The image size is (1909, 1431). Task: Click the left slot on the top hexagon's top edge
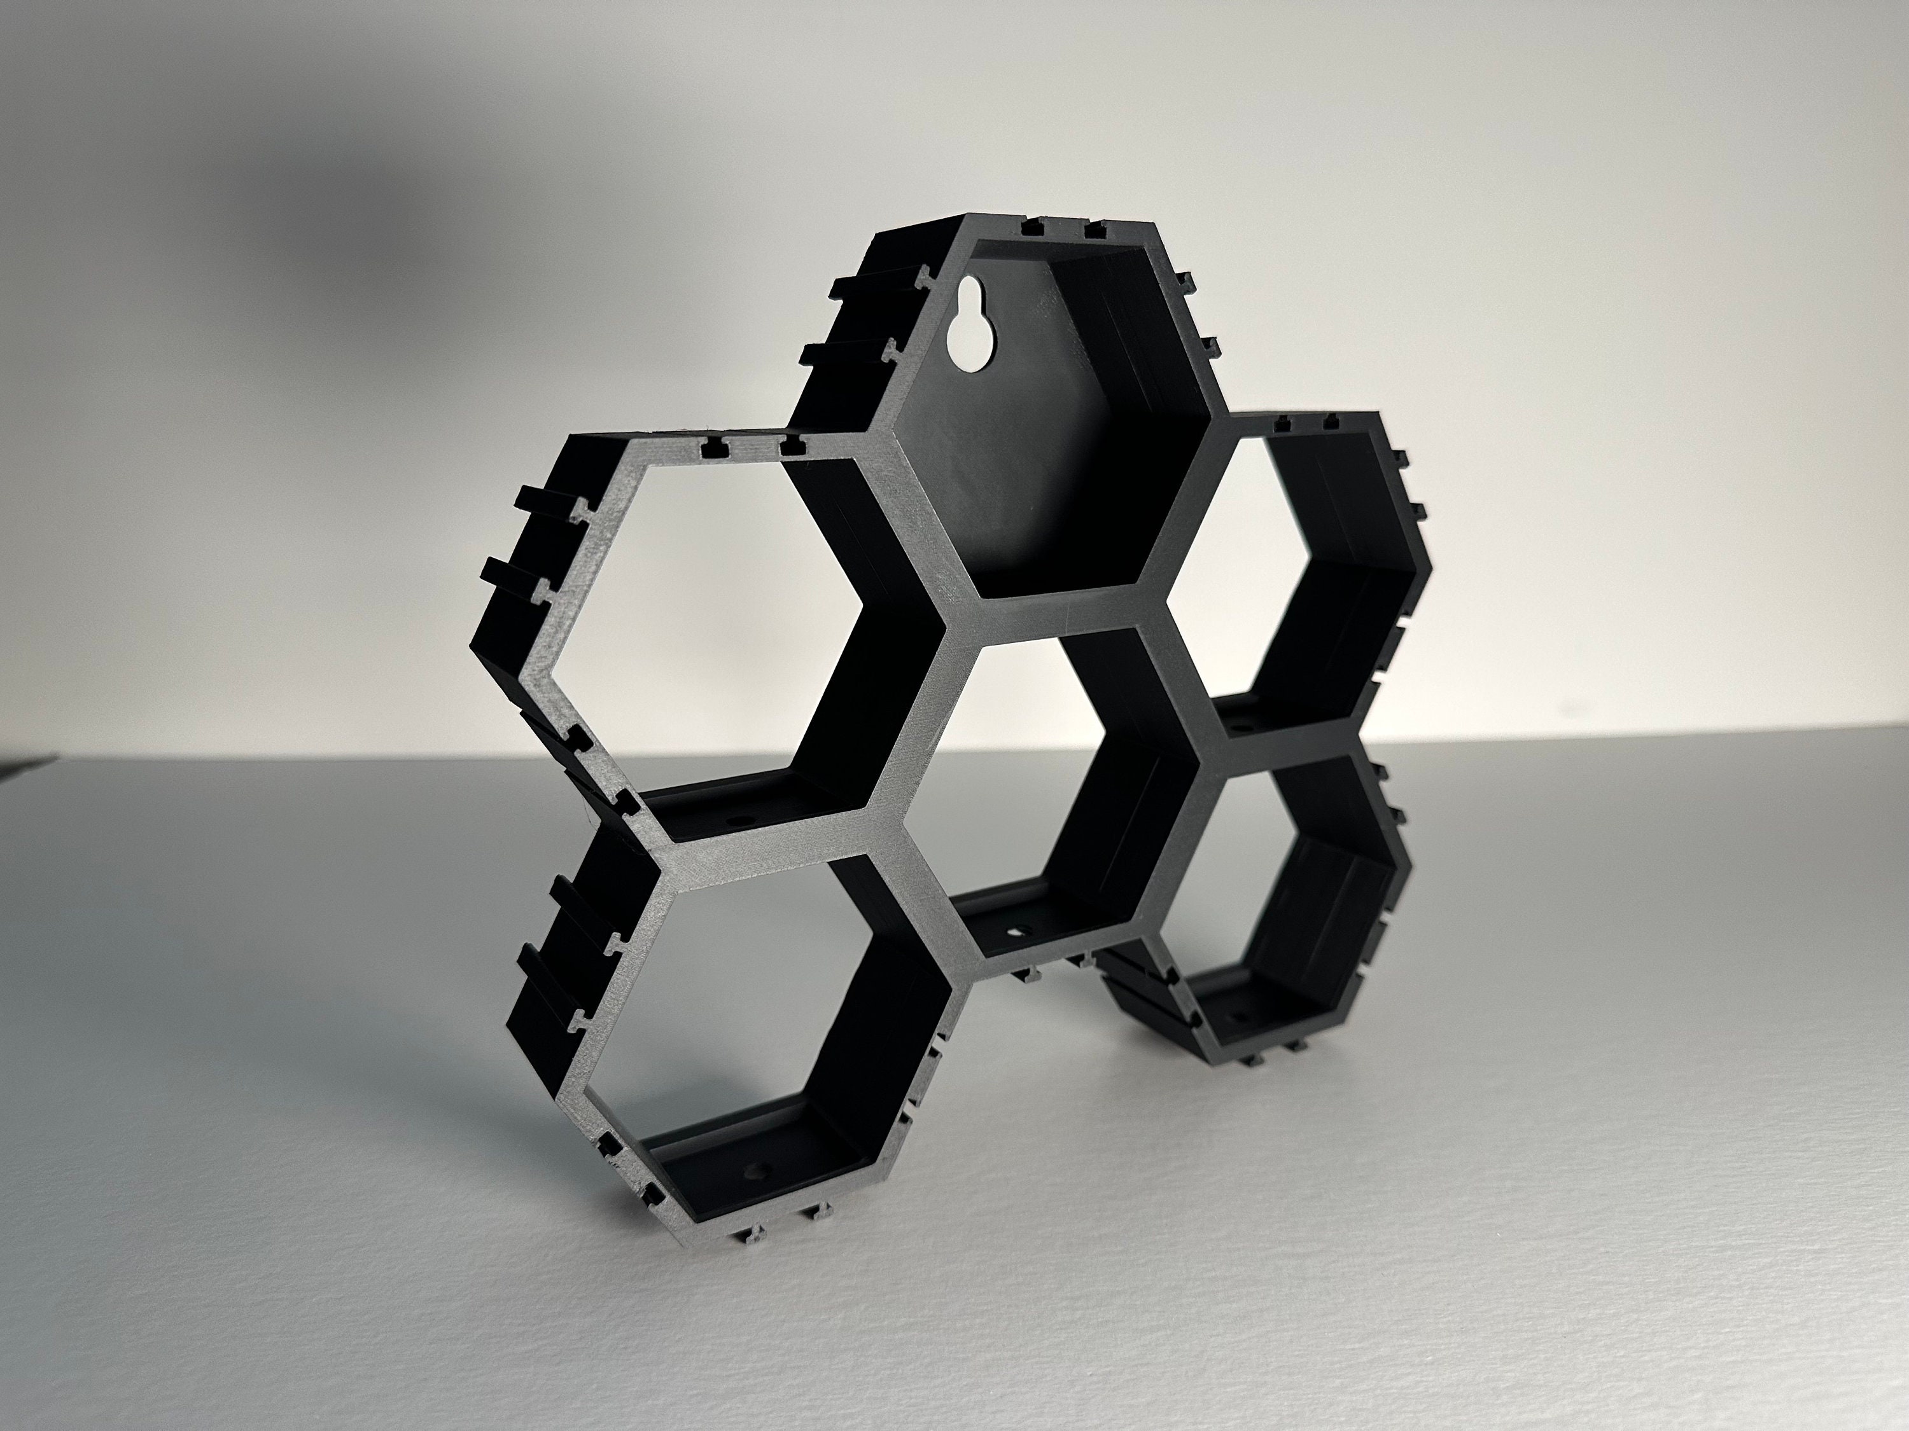[x=1030, y=228]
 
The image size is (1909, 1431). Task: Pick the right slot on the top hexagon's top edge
[x=1094, y=230]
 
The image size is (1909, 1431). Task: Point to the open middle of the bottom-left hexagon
[x=764, y=1018]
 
